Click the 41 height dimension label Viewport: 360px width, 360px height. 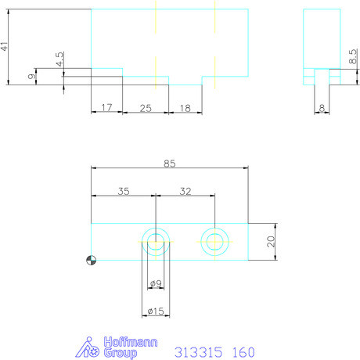(x=5, y=46)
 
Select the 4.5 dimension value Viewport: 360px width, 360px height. (x=59, y=59)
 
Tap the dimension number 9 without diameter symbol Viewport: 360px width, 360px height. (x=31, y=77)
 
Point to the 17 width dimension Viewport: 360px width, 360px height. (x=106, y=107)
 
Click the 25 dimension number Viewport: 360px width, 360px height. (x=146, y=108)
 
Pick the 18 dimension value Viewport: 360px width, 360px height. (x=185, y=108)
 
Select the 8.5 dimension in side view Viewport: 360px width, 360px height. (x=353, y=56)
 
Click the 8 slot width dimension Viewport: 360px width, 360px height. (x=322, y=108)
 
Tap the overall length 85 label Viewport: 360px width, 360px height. (x=170, y=164)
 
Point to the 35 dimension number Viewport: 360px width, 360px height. (x=124, y=191)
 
